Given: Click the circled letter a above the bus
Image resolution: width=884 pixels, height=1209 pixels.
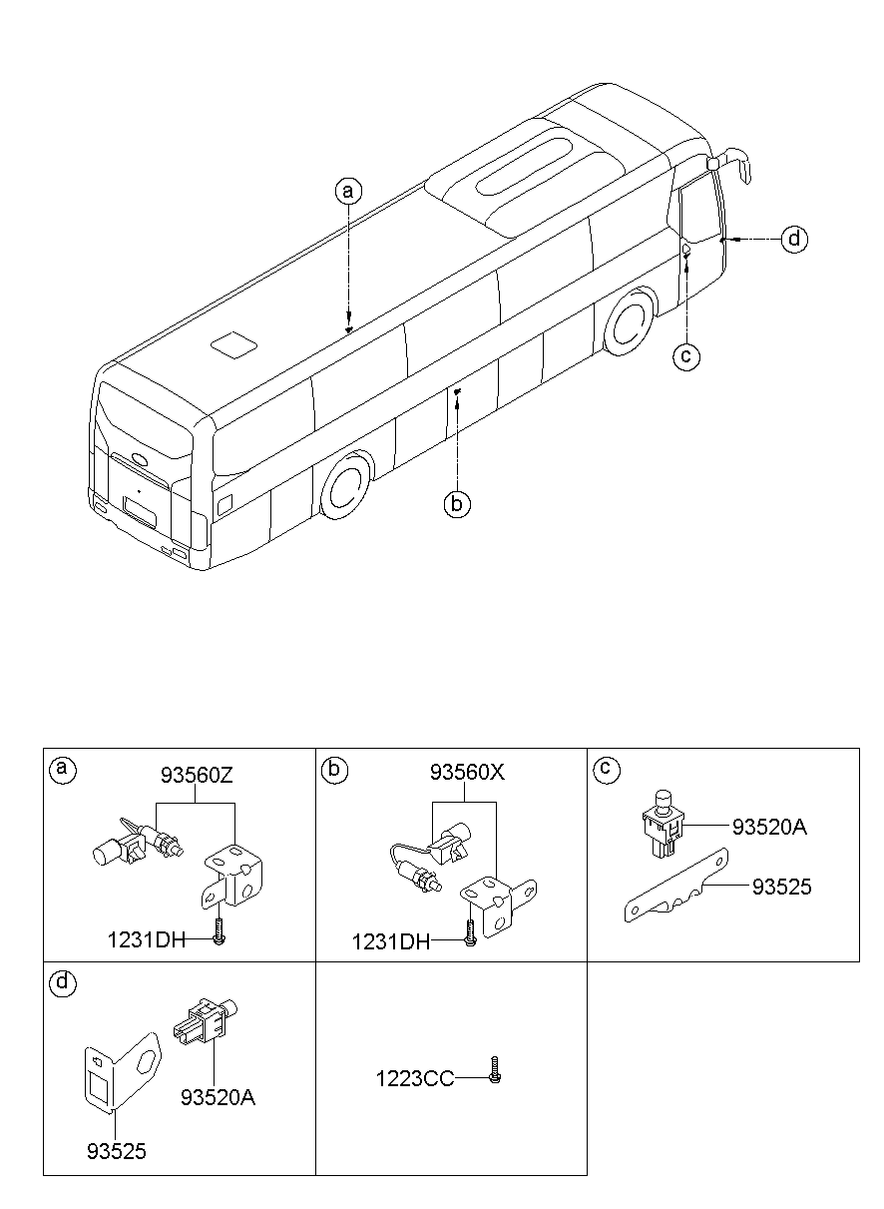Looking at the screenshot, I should [347, 190].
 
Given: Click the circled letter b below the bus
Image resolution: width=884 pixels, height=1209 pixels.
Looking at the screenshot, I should [456, 505].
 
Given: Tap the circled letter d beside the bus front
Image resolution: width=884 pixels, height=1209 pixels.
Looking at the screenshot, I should [794, 240].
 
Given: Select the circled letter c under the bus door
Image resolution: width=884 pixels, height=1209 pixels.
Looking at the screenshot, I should [685, 354].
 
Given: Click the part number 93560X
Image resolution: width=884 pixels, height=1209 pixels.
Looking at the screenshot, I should [468, 773].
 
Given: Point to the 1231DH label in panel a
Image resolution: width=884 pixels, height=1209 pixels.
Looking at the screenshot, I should [147, 939].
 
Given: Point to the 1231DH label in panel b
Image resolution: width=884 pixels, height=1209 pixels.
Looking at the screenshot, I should [390, 941].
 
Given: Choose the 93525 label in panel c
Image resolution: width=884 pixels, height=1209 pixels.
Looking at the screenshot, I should [781, 887].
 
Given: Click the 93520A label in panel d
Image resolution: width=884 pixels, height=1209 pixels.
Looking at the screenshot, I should [218, 1097].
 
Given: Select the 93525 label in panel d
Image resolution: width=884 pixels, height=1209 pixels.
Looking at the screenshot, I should [116, 1151].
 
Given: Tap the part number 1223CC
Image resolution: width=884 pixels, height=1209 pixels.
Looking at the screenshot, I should [414, 1078].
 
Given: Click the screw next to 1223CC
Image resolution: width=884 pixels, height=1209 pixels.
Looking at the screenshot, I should [495, 1073].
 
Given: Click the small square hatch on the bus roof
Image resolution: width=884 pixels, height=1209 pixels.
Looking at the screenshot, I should [233, 344].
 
